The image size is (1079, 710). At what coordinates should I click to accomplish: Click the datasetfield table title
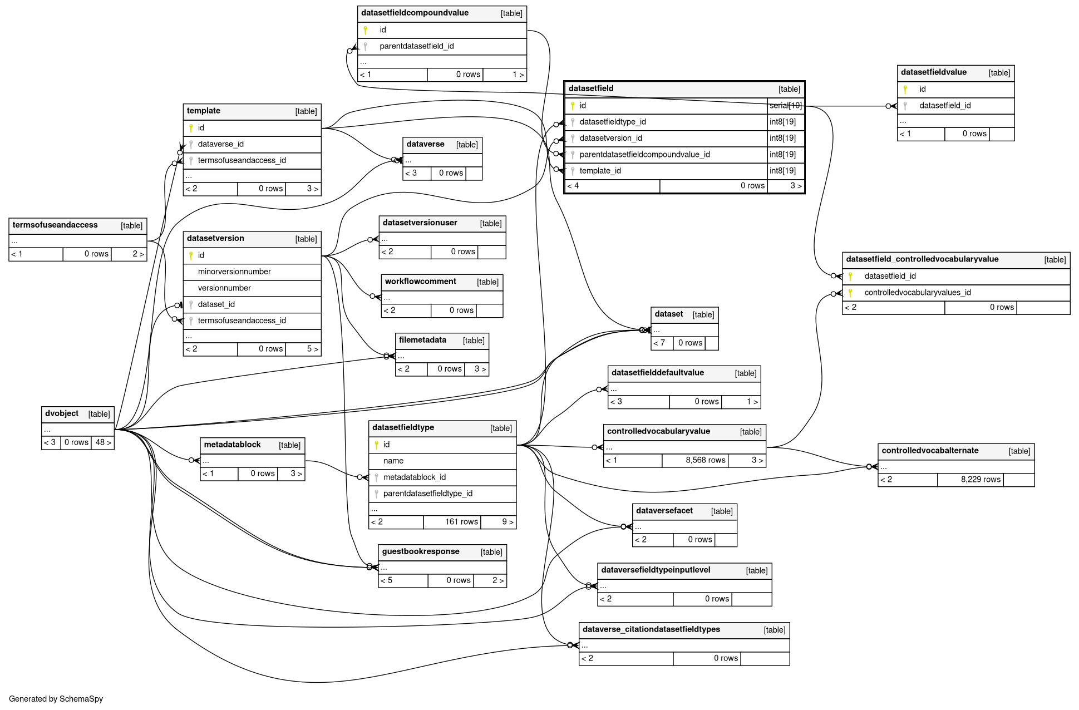coord(591,88)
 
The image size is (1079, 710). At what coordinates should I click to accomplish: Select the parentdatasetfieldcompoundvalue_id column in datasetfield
coord(644,155)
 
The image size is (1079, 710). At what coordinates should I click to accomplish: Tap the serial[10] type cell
coord(785,106)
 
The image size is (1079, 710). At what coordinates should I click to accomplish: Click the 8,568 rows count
coord(705,460)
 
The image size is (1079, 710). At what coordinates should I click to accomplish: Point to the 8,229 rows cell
coord(980,480)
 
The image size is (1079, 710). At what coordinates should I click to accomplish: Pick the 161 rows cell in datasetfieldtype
coord(461,522)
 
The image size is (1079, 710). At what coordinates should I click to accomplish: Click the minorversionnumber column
coord(234,272)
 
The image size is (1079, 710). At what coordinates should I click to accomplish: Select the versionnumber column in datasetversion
coord(224,288)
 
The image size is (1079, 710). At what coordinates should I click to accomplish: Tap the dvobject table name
coord(62,413)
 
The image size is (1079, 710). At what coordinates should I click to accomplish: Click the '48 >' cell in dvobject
coord(103,442)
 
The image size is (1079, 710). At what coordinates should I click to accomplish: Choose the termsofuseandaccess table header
coord(55,225)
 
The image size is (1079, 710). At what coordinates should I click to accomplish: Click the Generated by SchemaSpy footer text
coord(56,699)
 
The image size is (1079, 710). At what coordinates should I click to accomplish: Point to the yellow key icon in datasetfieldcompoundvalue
coord(366,30)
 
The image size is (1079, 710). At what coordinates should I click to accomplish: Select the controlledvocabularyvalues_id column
coord(917,293)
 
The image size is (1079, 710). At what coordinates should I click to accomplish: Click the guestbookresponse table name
coord(421,551)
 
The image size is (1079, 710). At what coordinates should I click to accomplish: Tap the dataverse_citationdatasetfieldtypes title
coord(651,629)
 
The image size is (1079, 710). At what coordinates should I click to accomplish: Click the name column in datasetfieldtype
coord(393,461)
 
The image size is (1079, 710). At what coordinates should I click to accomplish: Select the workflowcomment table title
coord(420,282)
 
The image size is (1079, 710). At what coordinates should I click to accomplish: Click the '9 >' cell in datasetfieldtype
coord(507,522)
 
